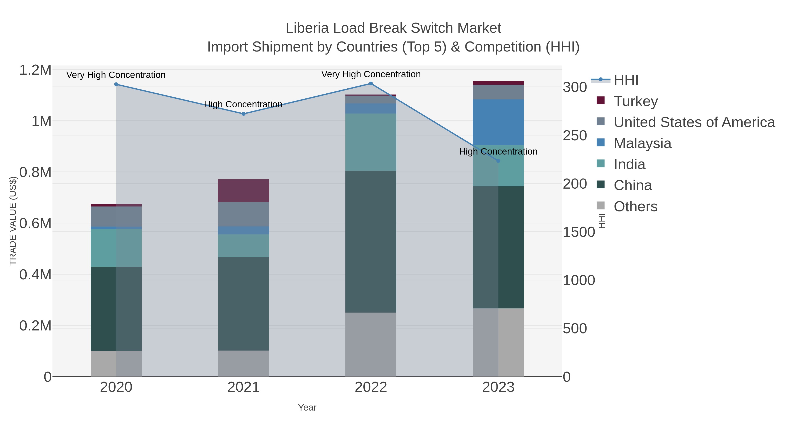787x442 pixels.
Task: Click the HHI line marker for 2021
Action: click(244, 114)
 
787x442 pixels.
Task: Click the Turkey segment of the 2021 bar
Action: click(244, 191)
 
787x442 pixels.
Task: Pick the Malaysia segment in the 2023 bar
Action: click(498, 122)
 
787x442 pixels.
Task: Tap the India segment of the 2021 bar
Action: click(244, 246)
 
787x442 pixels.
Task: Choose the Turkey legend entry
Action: click(636, 101)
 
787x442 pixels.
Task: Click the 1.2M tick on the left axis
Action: click(35, 70)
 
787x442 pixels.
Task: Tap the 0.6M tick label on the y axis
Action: click(35, 223)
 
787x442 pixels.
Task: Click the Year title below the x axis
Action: click(307, 408)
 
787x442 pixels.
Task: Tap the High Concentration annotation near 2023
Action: click(498, 152)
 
